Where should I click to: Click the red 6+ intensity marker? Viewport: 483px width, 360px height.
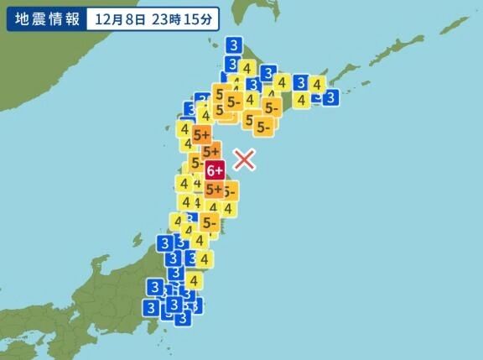[x=215, y=170]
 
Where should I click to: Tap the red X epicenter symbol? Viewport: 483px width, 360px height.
[x=244, y=159]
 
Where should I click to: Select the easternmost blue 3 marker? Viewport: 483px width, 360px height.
[x=331, y=97]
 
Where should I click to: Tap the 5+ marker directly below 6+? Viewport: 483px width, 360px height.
[x=214, y=190]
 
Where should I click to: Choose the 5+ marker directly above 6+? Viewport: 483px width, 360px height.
[x=212, y=151]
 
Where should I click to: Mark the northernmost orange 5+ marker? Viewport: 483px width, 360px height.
[x=201, y=133]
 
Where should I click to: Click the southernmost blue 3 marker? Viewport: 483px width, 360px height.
[x=182, y=317]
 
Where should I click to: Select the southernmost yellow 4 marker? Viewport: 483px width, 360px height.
[x=194, y=280]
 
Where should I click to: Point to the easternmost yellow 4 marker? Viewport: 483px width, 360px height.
[x=317, y=83]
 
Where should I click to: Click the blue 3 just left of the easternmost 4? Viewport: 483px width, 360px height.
[x=299, y=82]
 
